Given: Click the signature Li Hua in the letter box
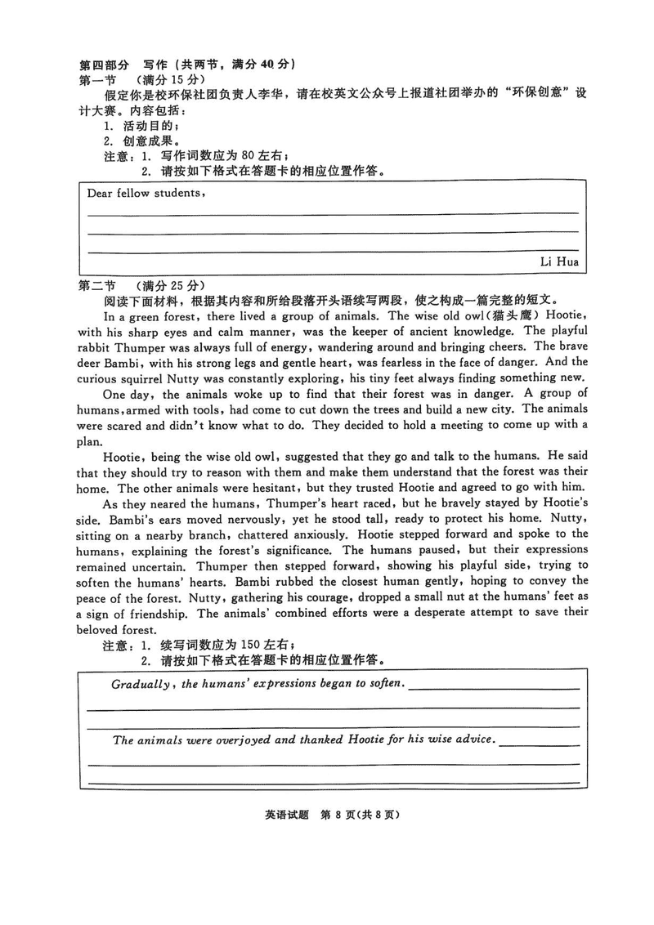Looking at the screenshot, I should click(x=559, y=261).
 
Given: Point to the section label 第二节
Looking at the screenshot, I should click(x=97, y=285).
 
